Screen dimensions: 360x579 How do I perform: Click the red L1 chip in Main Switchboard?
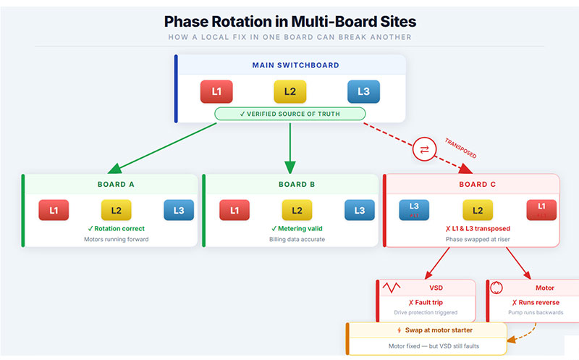point(216,91)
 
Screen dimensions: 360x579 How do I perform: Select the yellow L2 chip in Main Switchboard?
point(289,91)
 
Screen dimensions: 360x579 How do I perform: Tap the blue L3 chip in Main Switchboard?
point(363,91)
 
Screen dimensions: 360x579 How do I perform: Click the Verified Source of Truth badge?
point(289,114)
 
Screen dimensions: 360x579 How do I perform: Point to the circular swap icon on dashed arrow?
point(423,149)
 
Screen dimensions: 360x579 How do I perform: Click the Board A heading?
point(116,184)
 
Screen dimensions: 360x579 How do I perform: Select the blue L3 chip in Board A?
point(179,210)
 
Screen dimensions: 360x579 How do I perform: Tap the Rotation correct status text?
point(116,229)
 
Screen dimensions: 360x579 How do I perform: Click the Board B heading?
point(297,184)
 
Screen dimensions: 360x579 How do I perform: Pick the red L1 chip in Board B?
point(234,210)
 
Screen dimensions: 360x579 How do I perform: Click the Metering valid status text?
point(297,229)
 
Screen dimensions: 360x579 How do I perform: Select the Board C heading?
point(478,184)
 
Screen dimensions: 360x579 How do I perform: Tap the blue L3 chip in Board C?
point(414,209)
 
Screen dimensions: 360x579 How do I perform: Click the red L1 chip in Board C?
point(541,209)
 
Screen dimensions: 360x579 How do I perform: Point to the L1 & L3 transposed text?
point(478,228)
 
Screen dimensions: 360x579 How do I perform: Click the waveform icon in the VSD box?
point(392,288)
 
